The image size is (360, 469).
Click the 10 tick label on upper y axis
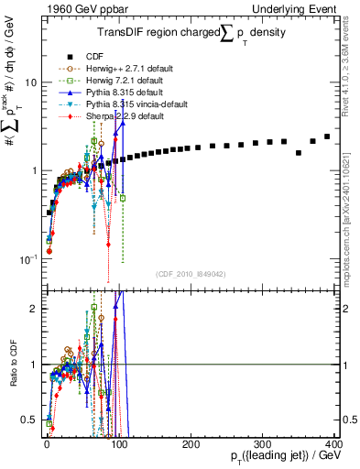click(30, 82)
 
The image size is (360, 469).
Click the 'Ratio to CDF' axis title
click(11, 363)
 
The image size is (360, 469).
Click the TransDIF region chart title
click(191, 33)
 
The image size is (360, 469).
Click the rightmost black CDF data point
click(327, 136)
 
